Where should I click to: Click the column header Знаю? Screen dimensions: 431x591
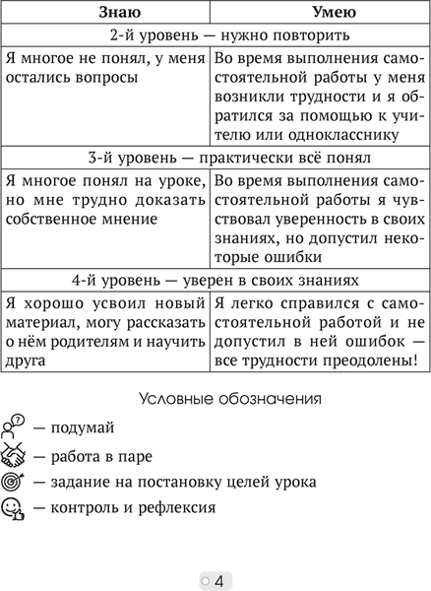106,13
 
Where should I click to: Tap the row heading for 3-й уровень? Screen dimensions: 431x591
215,157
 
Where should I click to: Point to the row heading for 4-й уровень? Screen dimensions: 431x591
215,279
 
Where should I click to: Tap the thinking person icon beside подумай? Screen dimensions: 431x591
14,427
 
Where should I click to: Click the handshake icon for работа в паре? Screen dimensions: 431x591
14,454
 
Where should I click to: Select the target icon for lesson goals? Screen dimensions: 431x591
14,482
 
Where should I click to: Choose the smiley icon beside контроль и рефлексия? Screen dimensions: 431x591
14,508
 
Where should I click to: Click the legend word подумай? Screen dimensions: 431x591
85,427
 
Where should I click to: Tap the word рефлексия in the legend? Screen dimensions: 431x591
177,508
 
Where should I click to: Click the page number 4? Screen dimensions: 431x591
219,579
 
